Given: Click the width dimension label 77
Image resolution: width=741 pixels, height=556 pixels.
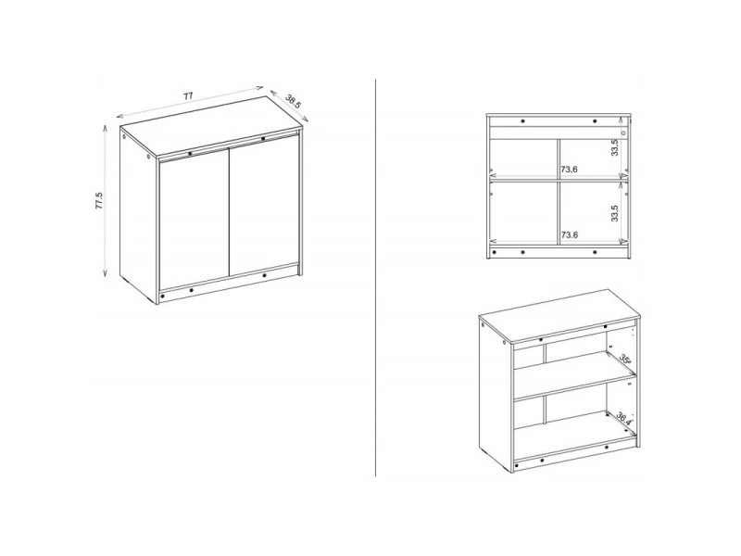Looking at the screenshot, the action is pos(188,96).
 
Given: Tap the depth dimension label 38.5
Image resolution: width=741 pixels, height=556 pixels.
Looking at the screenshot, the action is pos(293,102).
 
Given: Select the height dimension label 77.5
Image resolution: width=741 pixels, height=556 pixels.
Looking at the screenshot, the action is pos(99,201).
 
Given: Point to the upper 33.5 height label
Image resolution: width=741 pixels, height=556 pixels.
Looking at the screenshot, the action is pos(614,147).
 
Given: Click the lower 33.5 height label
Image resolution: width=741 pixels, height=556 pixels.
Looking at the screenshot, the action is pos(614,213).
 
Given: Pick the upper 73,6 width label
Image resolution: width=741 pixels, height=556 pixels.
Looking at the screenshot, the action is pos(569,170).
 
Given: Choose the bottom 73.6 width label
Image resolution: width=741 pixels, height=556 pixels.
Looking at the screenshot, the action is pos(569,235).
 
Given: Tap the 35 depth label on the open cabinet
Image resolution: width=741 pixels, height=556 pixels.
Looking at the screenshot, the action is pos(625,360).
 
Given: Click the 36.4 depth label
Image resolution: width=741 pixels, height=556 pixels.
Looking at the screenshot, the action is pos(622,419).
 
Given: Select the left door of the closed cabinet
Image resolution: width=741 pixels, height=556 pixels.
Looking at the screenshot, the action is pos(195,220).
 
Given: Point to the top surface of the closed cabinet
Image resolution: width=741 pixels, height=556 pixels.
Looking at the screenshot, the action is pos(211,126).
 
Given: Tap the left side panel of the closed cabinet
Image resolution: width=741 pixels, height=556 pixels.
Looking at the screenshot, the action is pos(138,216).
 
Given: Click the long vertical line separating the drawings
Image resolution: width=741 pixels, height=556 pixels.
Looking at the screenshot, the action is pos(376,278).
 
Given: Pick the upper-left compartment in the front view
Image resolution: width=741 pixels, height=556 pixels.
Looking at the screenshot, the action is pos(523,158).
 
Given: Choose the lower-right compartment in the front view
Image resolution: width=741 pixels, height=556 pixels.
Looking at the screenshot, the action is pos(589,213).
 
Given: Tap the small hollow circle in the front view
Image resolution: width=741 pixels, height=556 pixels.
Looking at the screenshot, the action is pos(623,133).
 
